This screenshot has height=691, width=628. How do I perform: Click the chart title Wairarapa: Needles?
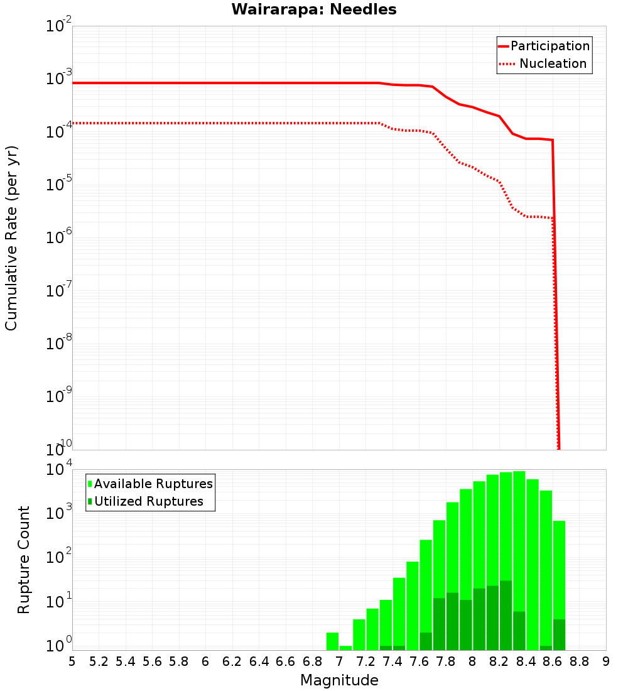point(314,9)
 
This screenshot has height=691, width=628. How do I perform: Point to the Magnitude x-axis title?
point(339,680)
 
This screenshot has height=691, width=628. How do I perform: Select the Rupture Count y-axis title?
point(24,560)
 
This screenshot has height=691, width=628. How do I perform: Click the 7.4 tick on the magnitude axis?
point(392,661)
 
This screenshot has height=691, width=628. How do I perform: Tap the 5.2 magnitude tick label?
point(99,661)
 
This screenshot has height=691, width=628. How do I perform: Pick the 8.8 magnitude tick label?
point(579,661)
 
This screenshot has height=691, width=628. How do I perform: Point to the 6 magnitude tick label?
point(205,661)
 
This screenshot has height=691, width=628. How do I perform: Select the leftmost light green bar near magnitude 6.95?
point(332,641)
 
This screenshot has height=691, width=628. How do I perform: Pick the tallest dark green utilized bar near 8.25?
point(506,616)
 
